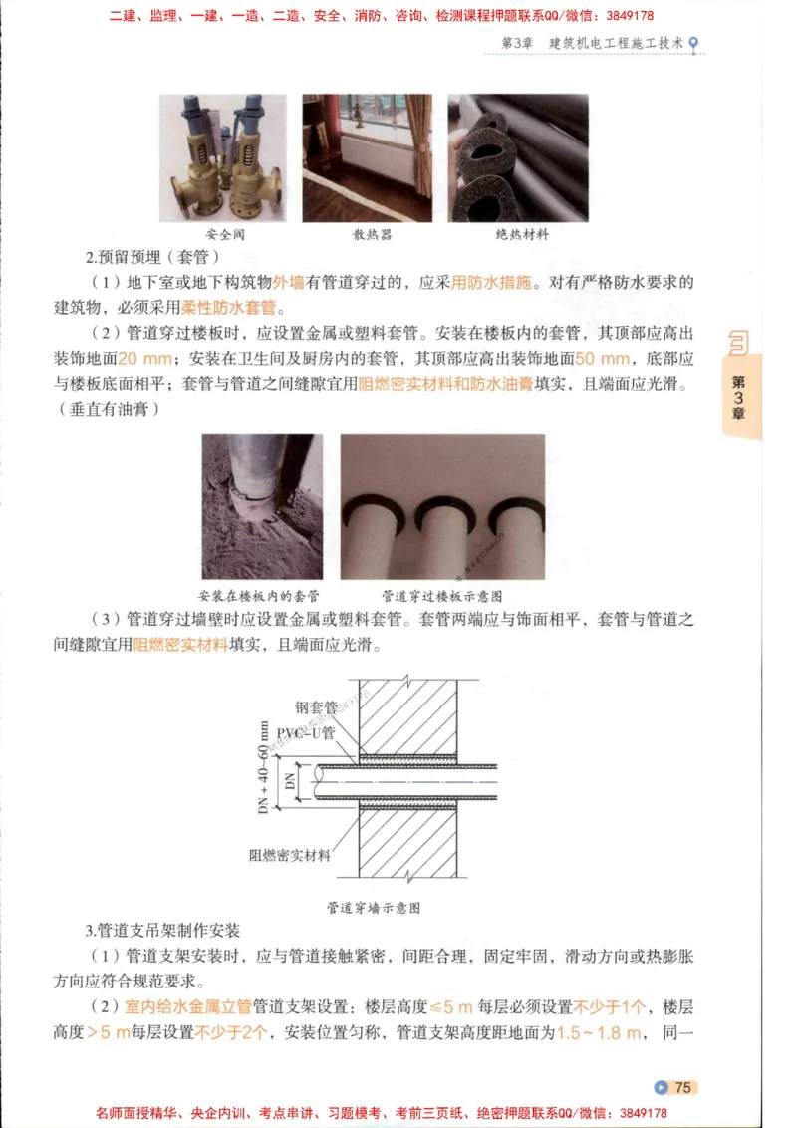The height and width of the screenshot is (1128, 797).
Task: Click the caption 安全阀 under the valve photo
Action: click(x=224, y=235)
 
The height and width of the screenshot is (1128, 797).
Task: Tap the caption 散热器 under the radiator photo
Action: click(x=372, y=235)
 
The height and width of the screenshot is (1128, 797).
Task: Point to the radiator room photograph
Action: click(x=368, y=158)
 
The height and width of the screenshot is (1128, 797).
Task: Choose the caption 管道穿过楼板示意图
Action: click(x=442, y=596)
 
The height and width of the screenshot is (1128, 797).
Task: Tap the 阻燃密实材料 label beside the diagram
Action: click(x=290, y=855)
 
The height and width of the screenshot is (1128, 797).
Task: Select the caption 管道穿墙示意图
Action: click(x=373, y=908)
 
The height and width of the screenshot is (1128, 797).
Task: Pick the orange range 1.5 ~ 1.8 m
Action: click(x=598, y=1032)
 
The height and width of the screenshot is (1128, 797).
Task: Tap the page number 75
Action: click(x=683, y=1087)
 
